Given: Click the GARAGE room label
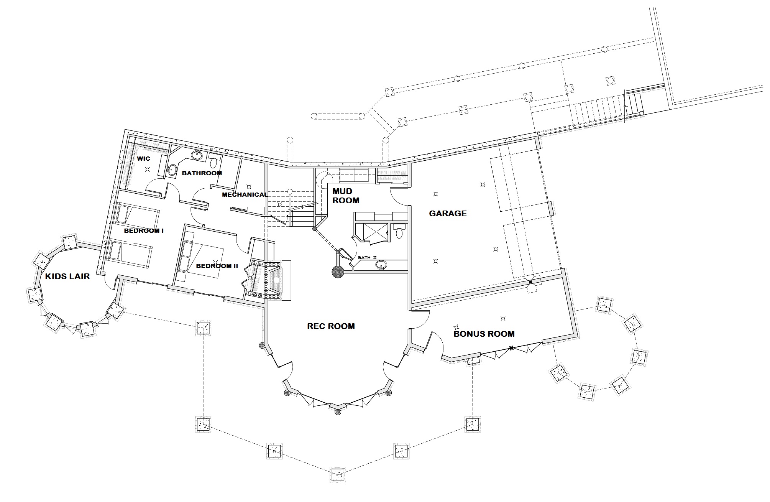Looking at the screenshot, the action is click(x=448, y=214).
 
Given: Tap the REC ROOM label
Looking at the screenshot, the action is click(x=331, y=326).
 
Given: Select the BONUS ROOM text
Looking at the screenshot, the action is click(x=484, y=334).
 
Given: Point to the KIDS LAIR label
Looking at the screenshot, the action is click(x=67, y=277).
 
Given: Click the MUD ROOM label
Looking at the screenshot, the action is click(x=346, y=196).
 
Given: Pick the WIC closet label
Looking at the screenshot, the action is click(x=144, y=159).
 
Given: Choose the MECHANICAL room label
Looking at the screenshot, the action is click(x=245, y=195).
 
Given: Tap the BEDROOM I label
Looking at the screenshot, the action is click(x=144, y=231).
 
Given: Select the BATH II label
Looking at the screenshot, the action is click(x=364, y=258).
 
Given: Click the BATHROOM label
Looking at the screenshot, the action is click(x=202, y=173).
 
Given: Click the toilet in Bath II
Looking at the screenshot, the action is click(x=399, y=231).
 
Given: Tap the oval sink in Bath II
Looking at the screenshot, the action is click(x=381, y=265).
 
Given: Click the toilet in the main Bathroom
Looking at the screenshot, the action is click(x=213, y=158).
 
